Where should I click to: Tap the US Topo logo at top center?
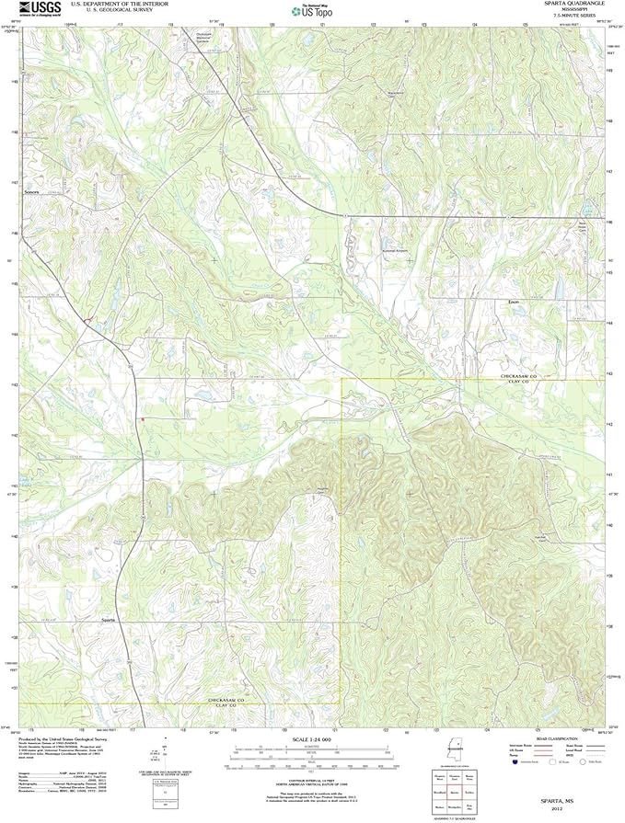point(311,11)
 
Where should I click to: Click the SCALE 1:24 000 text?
point(312,739)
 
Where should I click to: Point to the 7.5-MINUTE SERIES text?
point(573,17)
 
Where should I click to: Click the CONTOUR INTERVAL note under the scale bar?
point(312,772)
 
